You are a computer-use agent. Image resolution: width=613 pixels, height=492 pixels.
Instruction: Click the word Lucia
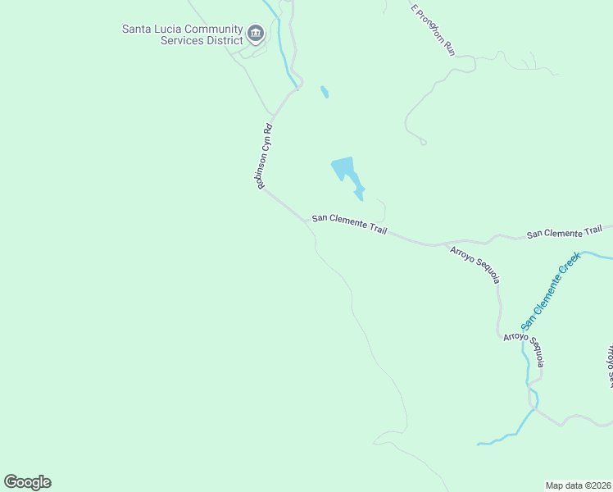[168, 30]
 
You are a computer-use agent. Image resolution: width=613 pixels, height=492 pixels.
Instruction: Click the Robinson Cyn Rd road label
[264, 157]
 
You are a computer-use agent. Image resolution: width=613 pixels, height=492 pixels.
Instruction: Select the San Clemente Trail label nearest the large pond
[348, 225]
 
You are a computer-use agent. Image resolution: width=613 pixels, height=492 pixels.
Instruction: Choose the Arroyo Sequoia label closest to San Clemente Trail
[475, 265]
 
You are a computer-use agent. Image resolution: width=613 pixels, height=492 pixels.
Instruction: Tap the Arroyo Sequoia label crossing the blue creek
[524, 349]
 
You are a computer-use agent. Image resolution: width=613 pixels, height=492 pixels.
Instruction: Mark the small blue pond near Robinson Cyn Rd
[325, 92]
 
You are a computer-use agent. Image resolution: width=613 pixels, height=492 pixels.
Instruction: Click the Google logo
[27, 482]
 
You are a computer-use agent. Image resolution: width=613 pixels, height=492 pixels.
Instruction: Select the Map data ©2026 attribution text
[578, 485]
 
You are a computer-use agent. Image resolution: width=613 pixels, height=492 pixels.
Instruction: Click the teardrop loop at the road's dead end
[423, 142]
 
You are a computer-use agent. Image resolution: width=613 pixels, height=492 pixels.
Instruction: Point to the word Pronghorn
[431, 26]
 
